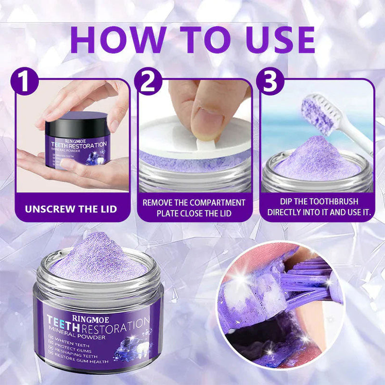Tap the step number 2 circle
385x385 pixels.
pos(148,81)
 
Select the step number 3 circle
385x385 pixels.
pos(270,81)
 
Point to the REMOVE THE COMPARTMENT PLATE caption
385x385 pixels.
pos(194,207)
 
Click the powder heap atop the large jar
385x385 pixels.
pos(96,257)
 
